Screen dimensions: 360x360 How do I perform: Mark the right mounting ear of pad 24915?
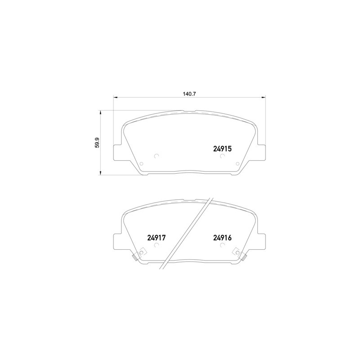261,151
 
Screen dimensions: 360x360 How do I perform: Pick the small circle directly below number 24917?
157,246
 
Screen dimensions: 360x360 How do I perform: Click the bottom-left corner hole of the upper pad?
142,164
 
